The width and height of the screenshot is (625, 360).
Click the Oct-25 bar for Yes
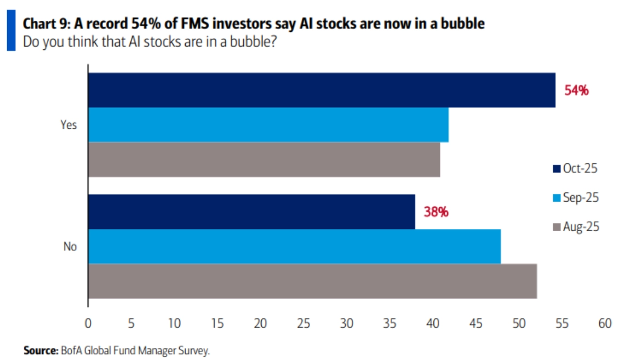(322, 90)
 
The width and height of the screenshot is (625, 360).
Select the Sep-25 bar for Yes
(268, 124)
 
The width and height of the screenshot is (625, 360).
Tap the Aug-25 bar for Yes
(264, 159)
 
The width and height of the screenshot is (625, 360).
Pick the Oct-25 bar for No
(251, 212)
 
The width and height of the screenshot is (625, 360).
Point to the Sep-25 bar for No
(294, 246)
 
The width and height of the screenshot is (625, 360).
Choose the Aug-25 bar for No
(312, 281)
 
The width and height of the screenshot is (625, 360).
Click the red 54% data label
(576, 90)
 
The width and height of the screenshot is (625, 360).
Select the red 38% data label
(436, 212)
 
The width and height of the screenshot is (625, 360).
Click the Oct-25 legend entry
(575, 168)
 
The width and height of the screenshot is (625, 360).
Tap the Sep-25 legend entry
(576, 197)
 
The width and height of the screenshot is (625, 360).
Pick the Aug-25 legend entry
(576, 226)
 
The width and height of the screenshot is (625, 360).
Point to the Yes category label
(69, 125)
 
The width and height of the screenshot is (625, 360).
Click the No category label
(70, 247)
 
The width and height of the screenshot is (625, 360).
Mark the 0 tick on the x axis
(88, 324)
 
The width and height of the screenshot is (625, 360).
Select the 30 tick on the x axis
(346, 324)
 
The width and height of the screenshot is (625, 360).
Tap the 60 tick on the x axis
(605, 324)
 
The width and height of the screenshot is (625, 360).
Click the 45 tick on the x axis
(475, 324)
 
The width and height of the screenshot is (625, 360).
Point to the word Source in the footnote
(41, 350)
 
